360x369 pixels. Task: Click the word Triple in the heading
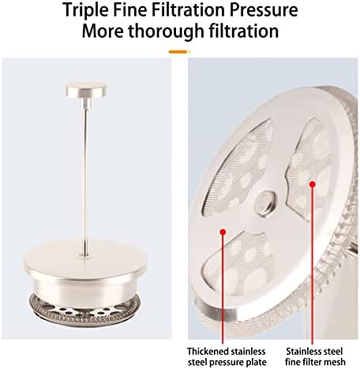[85, 9]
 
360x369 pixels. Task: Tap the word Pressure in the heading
[264, 9]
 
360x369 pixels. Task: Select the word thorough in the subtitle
[166, 31]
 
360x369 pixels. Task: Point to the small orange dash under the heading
[179, 52]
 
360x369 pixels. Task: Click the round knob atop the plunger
[86, 89]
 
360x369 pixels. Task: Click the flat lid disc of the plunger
[85, 259]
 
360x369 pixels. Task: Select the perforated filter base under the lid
[84, 310]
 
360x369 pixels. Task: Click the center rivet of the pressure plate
[266, 203]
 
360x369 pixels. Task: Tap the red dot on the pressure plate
[223, 232]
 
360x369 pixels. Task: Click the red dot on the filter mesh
[313, 184]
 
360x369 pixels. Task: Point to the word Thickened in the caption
[208, 352]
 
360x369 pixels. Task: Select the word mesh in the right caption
[334, 362]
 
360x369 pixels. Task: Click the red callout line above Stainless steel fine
[313, 264]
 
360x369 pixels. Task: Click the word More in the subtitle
[103, 31]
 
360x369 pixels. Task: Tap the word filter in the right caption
[309, 362]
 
